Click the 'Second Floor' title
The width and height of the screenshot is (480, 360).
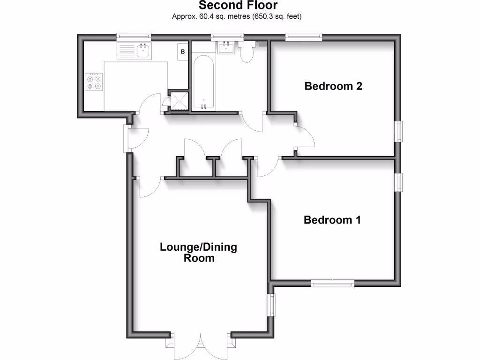[238, 6]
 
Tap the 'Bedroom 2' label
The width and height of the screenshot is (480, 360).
[333, 86]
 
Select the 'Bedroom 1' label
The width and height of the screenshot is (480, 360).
[332, 220]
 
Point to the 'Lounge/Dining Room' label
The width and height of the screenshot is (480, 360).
[198, 252]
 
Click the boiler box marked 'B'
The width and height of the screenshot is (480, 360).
[183, 51]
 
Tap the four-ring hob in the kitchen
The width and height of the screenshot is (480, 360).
[93, 82]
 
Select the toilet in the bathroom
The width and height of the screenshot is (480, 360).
[247, 52]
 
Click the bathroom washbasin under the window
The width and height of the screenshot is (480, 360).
[227, 47]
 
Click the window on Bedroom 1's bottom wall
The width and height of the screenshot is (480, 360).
[333, 283]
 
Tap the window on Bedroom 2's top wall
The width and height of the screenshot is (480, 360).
[304, 36]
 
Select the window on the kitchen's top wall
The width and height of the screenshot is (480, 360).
[134, 36]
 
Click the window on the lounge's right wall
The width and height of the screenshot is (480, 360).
[271, 305]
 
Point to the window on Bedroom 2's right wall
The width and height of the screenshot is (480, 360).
[399, 131]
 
